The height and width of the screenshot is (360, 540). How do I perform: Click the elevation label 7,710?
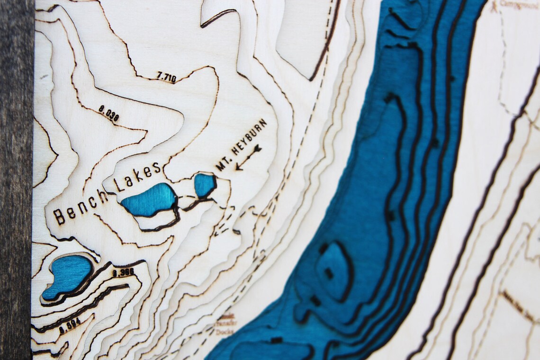click(x=166, y=76)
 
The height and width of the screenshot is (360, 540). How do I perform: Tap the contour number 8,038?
click(x=108, y=113)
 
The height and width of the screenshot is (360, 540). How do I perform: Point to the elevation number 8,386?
click(x=123, y=272)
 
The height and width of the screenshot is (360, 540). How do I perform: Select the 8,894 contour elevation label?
click(x=70, y=326)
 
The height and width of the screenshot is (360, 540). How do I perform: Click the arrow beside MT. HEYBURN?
click(x=248, y=157)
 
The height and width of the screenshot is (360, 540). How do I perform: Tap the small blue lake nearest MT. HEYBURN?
click(x=205, y=185)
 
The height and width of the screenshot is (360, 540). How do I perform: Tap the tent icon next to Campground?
click(x=495, y=6)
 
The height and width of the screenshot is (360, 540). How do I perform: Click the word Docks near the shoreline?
click(x=225, y=332)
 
